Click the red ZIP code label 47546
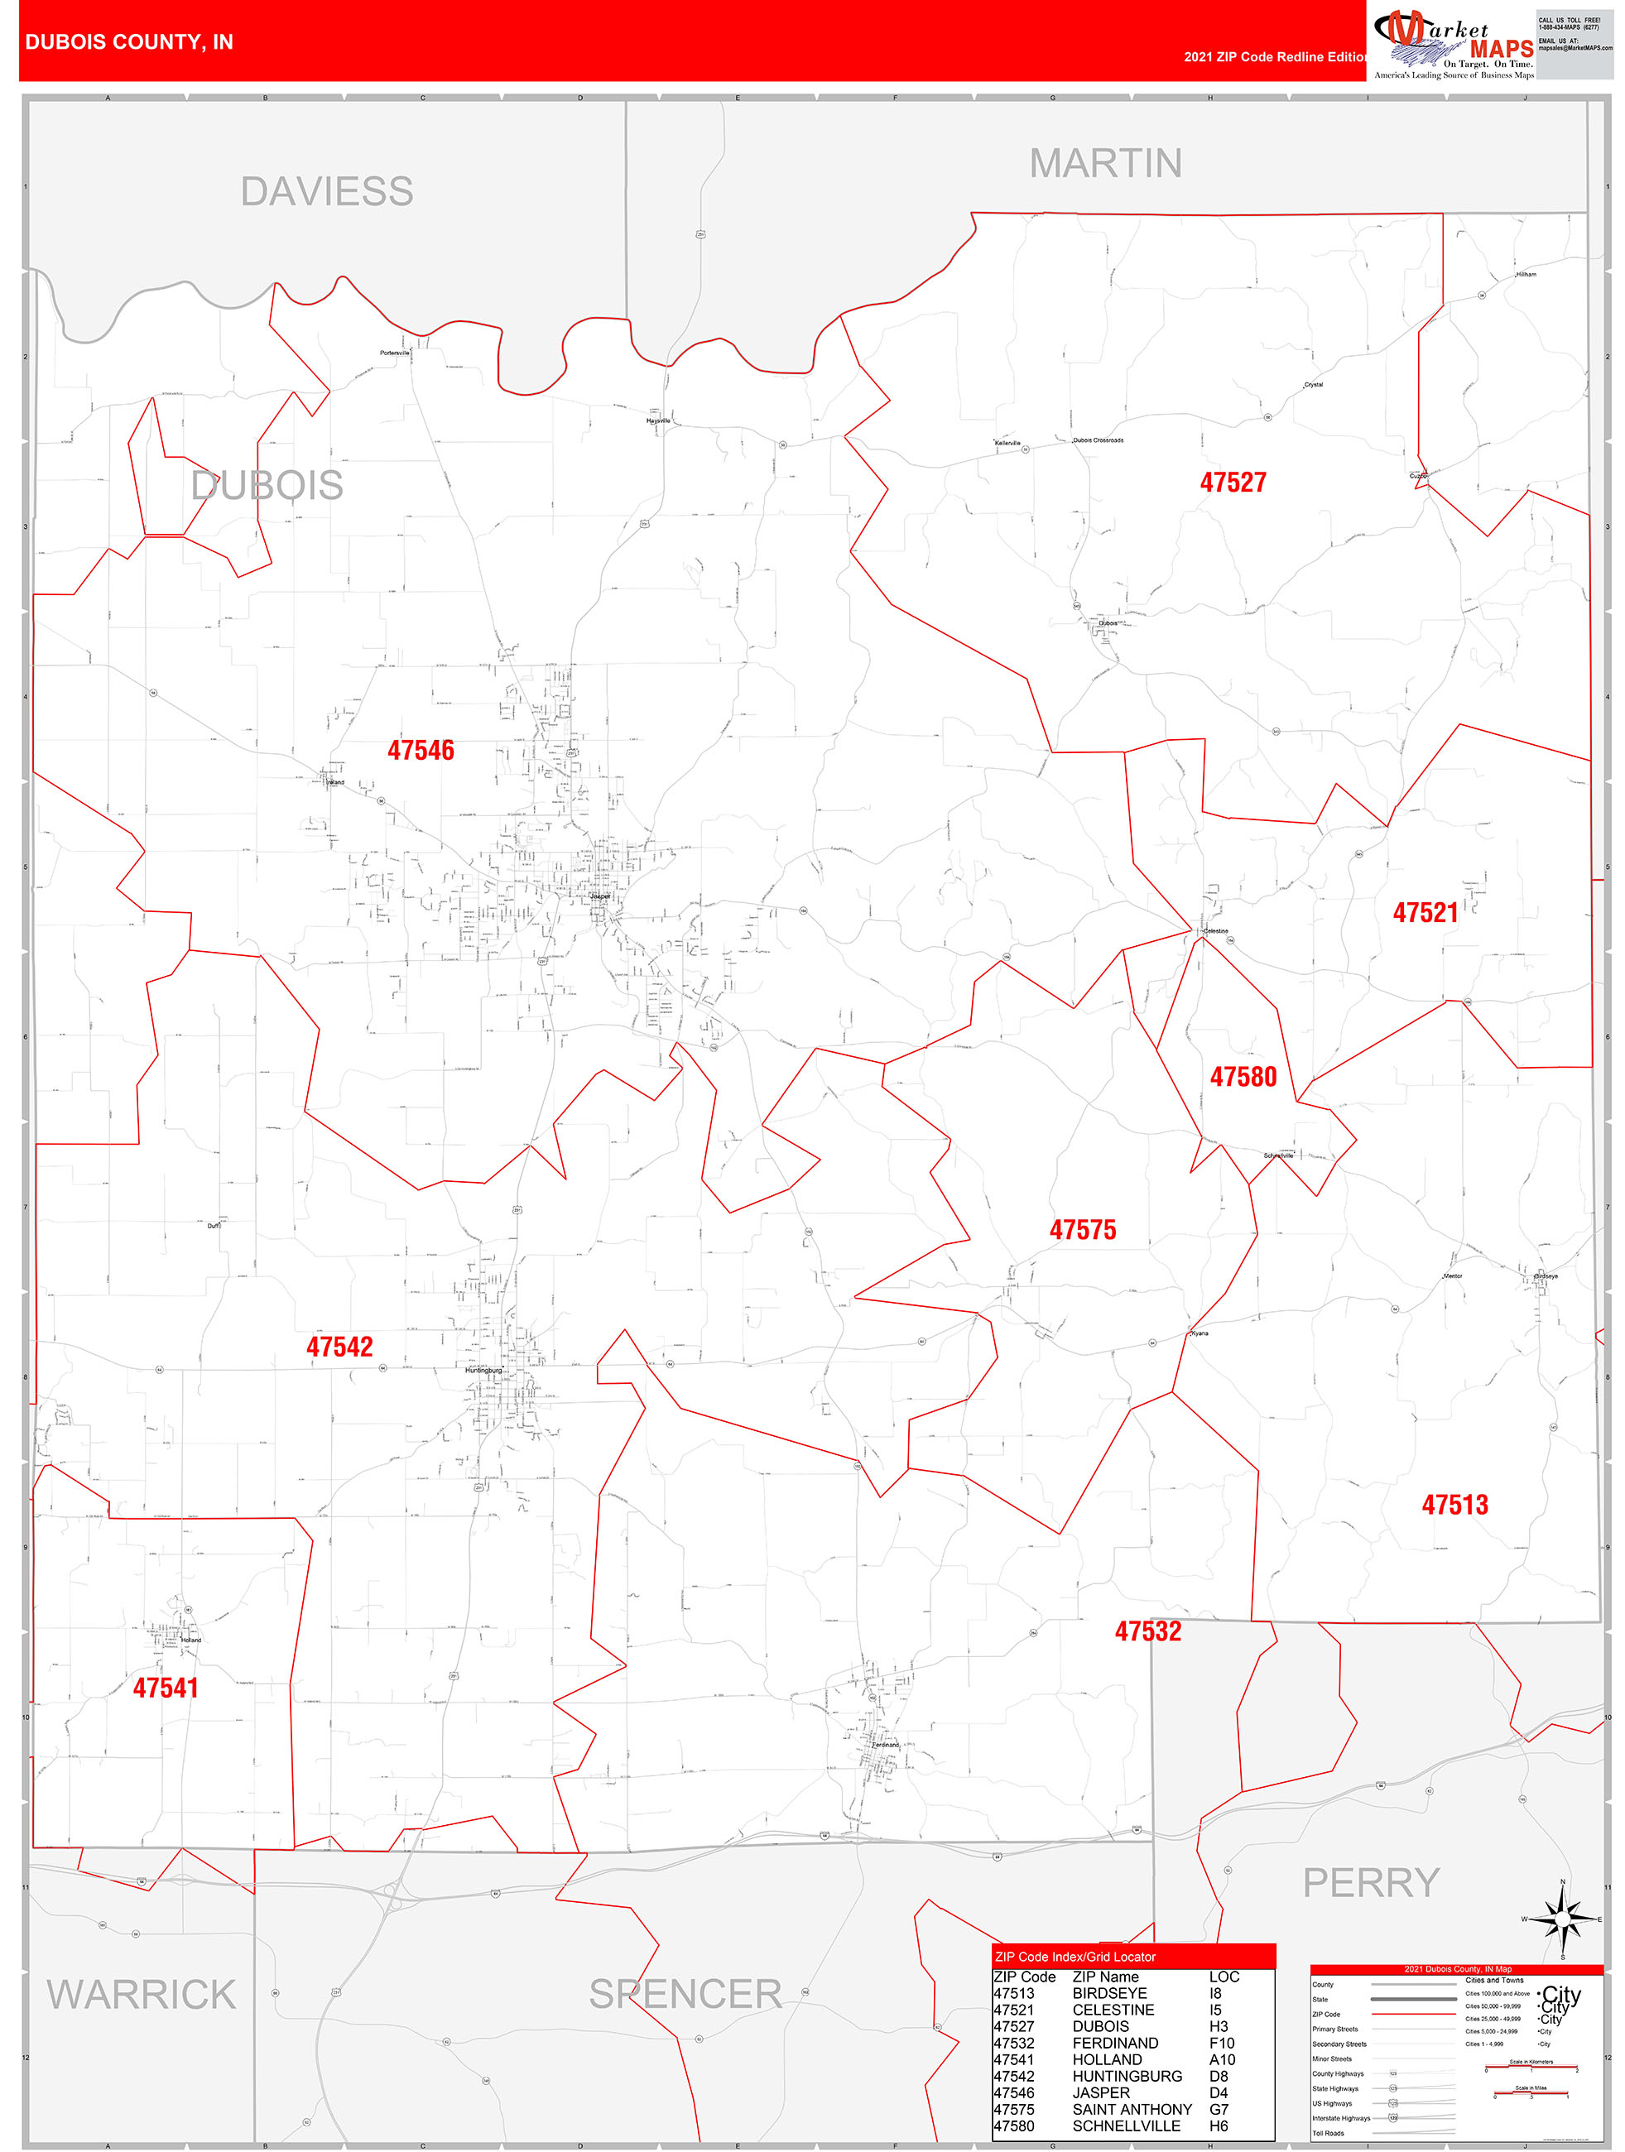coord(421,750)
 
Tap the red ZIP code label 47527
coord(1233,483)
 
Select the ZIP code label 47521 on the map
coord(1425,913)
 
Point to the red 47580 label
coord(1243,1077)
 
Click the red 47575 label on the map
coord(1082,1230)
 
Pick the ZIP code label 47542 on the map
coord(339,1347)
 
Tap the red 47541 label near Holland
coord(166,1688)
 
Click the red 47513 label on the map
coord(1454,1505)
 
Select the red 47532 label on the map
coord(1147,1631)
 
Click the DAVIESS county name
coord(327,192)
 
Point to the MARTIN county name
coord(1105,163)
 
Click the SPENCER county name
coord(685,1995)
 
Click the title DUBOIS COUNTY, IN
coord(129,42)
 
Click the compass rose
coord(1563,1919)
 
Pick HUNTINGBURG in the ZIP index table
coord(1127,2076)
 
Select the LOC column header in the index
coord(1224,1977)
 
